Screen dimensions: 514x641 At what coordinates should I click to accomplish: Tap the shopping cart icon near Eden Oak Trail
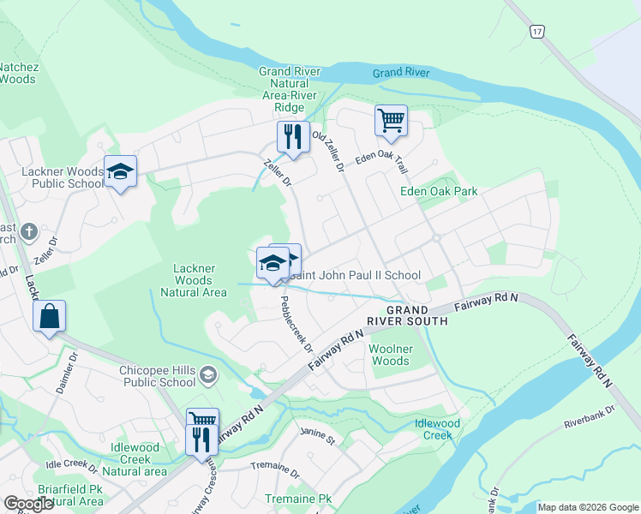coord(391,121)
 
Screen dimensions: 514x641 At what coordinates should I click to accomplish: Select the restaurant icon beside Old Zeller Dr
coord(292,137)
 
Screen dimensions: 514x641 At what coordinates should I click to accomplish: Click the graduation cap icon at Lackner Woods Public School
coord(120,171)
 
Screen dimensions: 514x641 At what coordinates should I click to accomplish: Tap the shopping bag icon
coord(50,316)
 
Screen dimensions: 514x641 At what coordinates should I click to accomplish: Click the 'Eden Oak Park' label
coord(439,191)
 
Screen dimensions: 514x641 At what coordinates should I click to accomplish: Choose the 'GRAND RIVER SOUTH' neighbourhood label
coord(406,315)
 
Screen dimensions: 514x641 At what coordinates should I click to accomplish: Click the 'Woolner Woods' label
coord(389,355)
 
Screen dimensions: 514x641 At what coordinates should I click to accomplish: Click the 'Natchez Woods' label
coord(18,72)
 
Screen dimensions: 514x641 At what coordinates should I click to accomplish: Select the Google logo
coord(28,504)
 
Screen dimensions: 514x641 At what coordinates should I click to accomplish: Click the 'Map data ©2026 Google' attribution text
coord(587,507)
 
